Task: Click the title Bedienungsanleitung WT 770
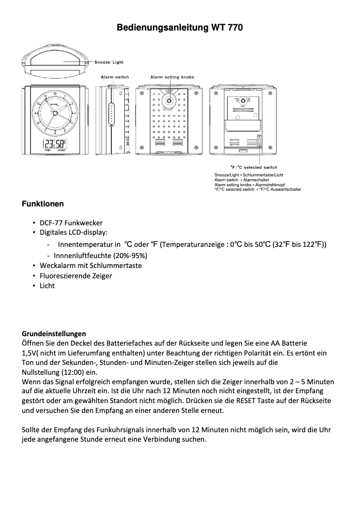tap(180, 28)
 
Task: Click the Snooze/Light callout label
tap(109, 62)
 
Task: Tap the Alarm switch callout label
tap(114, 77)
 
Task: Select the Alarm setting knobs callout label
tap(172, 77)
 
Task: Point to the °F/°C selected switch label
tap(254, 167)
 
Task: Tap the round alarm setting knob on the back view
tap(169, 101)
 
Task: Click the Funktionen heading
tap(43, 204)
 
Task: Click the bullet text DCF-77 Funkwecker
tap(71, 223)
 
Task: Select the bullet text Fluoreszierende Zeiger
tap(75, 276)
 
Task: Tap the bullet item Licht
tap(47, 286)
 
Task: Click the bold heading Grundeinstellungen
tap(54, 334)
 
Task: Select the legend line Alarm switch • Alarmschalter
tap(241, 180)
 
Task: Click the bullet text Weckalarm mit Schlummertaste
tap(90, 265)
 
